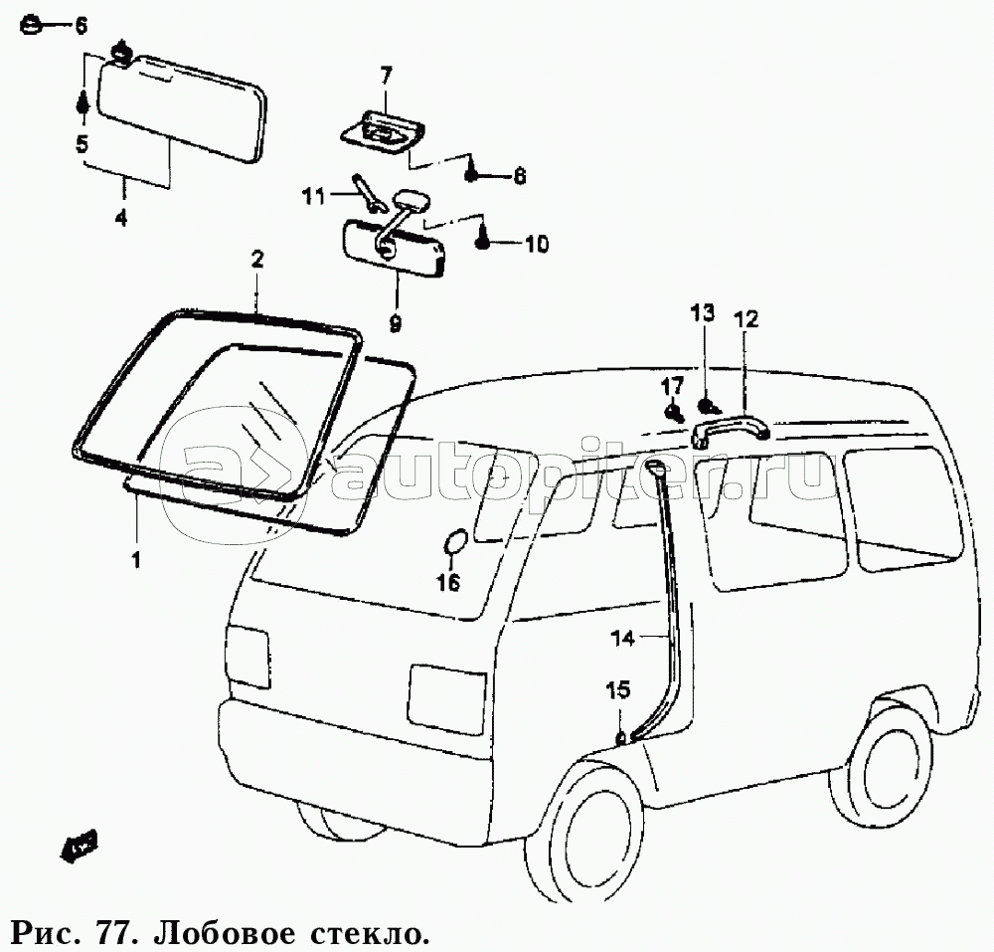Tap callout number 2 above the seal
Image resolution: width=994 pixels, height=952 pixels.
coord(256,261)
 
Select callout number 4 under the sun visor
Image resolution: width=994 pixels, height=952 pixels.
coord(121,217)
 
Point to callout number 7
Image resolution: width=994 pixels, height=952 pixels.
coord(386,74)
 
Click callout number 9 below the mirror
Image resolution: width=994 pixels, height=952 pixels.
coord(395,323)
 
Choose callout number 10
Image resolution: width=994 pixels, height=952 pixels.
coord(536,244)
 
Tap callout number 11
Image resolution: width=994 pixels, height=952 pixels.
coord(314,196)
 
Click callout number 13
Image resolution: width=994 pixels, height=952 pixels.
coord(702,314)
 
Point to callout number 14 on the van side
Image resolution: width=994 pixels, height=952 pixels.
coord(622,640)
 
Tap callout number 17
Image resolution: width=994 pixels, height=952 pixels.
coord(673,385)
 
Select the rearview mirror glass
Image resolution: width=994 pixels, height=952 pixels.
coord(395,247)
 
